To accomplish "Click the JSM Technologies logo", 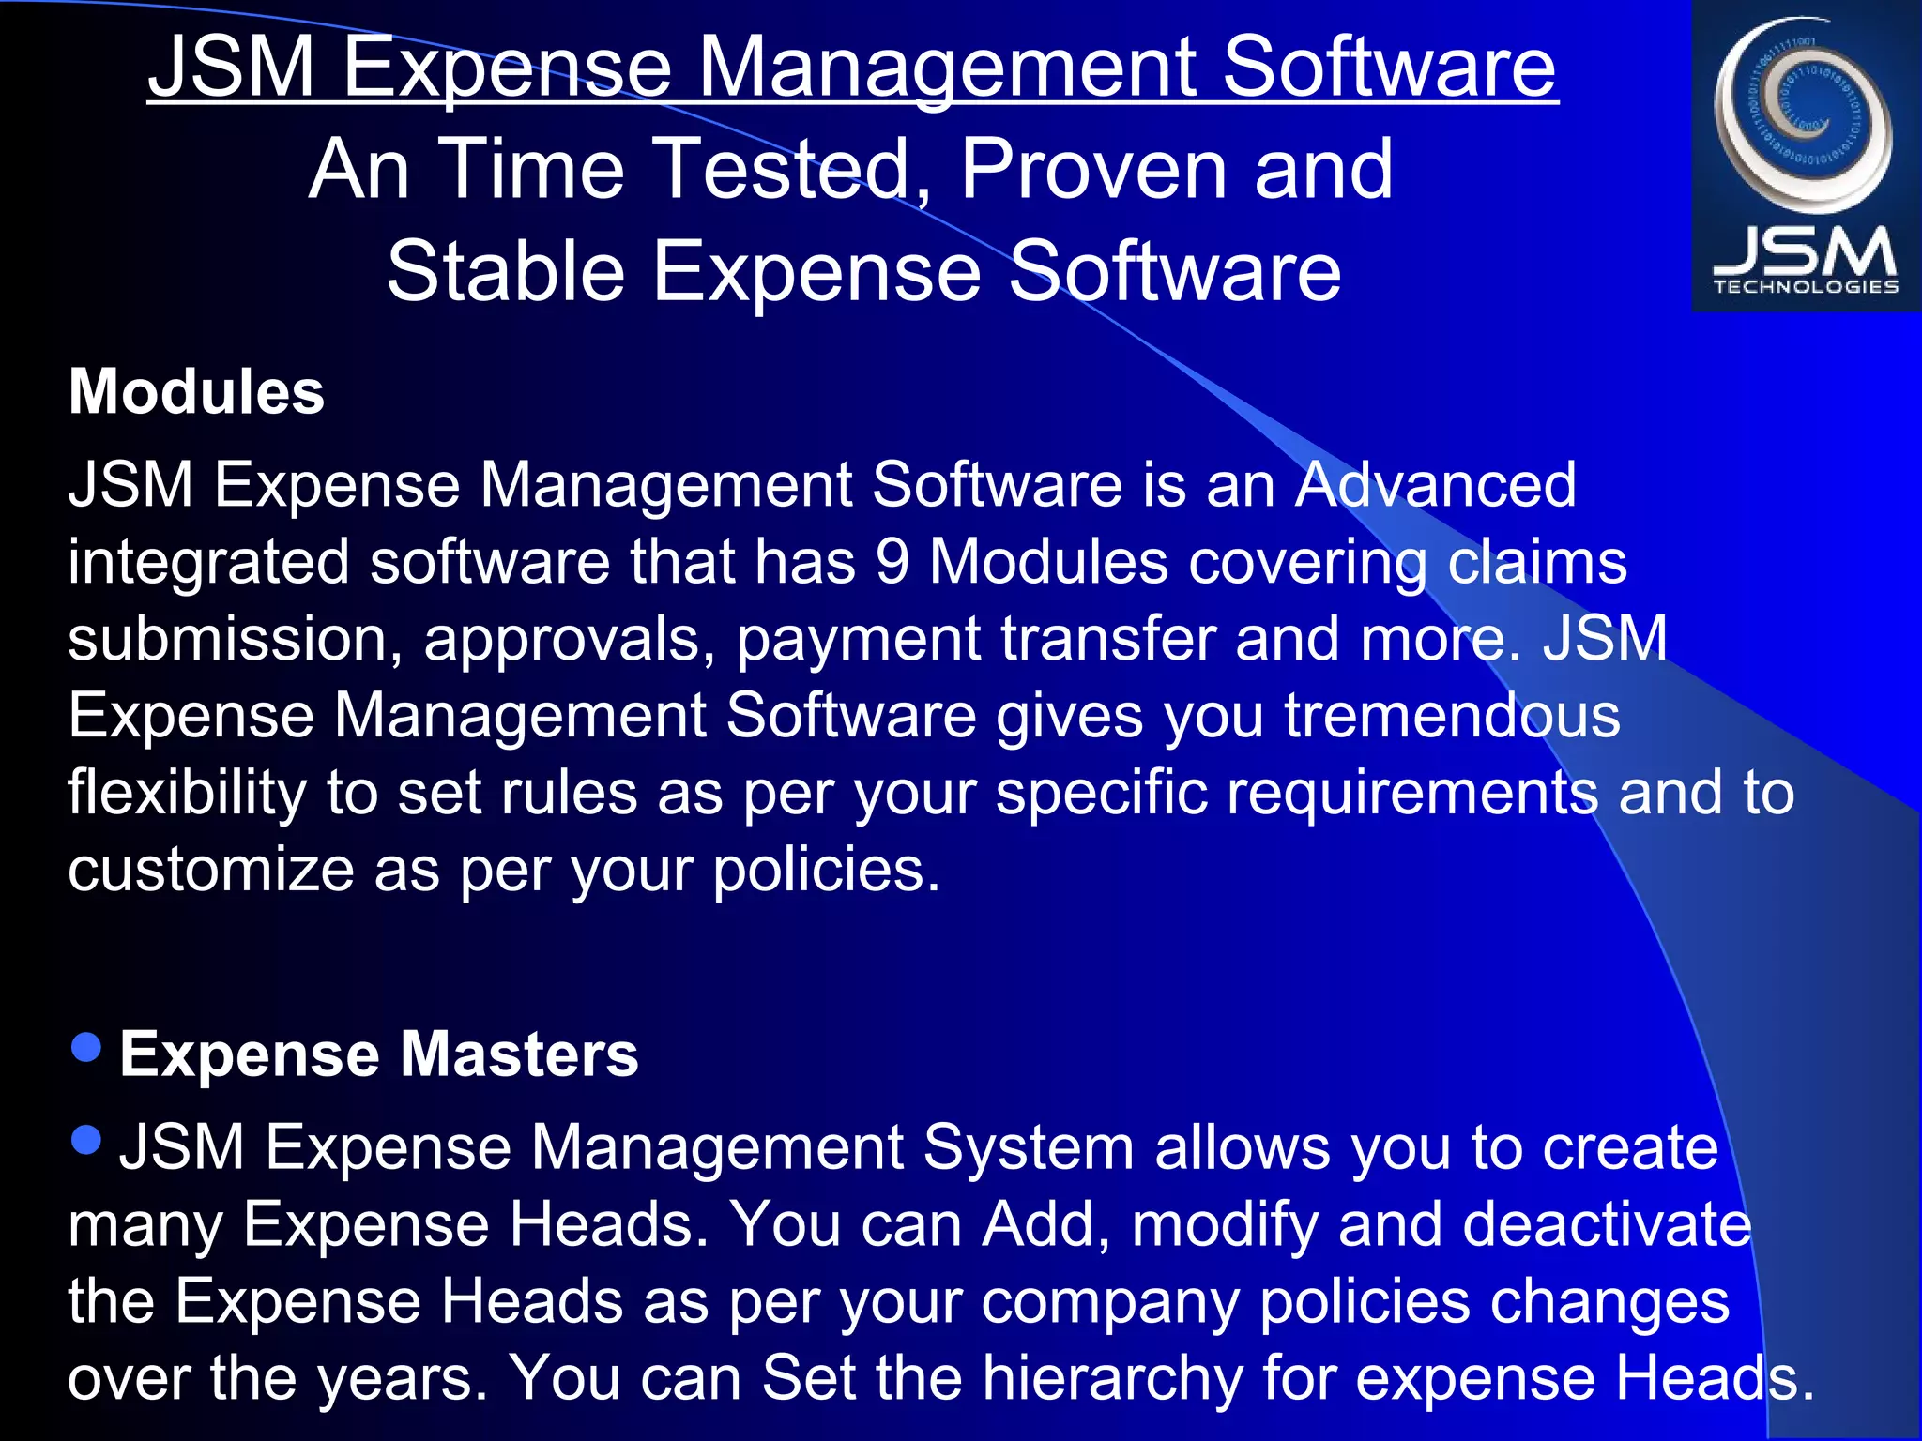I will (x=1806, y=156).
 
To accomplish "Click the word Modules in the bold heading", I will (x=196, y=391).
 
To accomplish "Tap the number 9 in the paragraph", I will (x=892, y=562).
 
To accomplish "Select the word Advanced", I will (x=1435, y=485).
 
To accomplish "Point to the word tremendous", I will (x=1452, y=716).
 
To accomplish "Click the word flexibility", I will (x=187, y=793).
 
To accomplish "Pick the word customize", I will (x=211, y=870).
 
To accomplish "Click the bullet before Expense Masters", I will (x=86, y=1047).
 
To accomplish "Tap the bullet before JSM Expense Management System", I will (x=86, y=1140).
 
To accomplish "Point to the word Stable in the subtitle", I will (x=506, y=271).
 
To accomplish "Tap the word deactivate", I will (x=1607, y=1224).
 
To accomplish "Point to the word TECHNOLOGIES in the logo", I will (x=1806, y=287).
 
